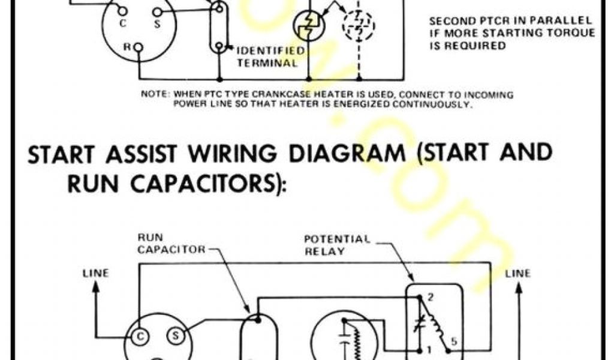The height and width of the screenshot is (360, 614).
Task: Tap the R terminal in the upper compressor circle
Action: pyautogui.click(x=138, y=46)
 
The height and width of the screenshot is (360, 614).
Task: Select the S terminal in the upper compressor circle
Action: pyautogui.click(x=157, y=11)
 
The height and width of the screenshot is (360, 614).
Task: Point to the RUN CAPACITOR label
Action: pyautogui.click(x=171, y=242)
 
